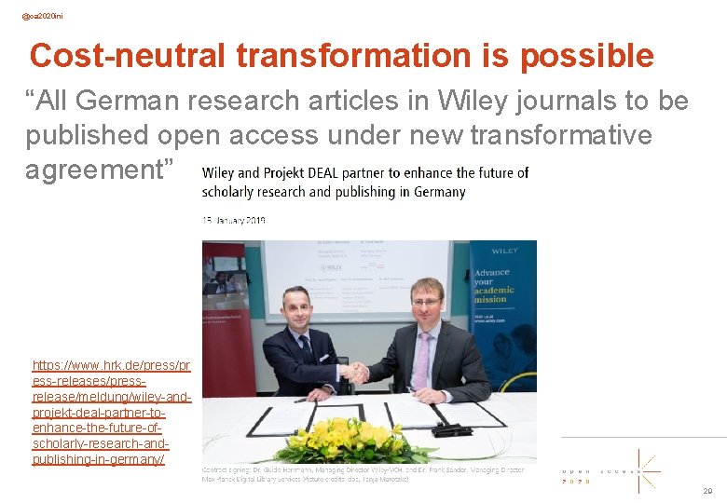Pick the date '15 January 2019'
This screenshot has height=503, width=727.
pyautogui.click(x=234, y=220)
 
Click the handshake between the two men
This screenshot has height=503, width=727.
pyautogui.click(x=355, y=371)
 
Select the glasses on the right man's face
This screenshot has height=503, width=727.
pyautogui.click(x=426, y=301)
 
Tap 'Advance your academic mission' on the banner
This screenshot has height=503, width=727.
pyautogui.click(x=492, y=286)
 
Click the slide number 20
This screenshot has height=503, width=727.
pyautogui.click(x=707, y=491)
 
